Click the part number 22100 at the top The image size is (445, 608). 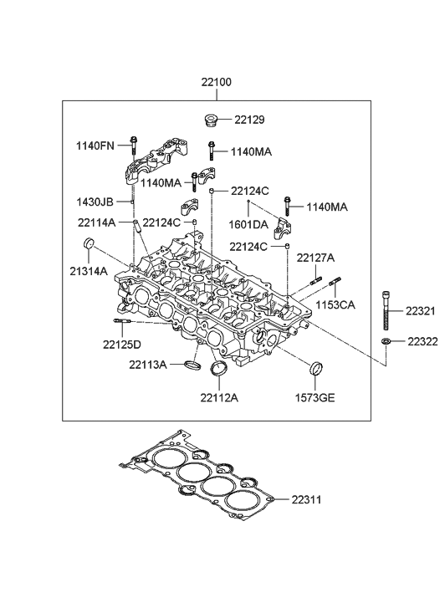coord(216,83)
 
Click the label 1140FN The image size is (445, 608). coord(94,146)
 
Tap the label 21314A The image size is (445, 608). coord(88,271)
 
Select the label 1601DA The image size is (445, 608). coord(249,224)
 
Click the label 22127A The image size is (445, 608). coord(315,258)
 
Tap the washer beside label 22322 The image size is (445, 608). coord(386,343)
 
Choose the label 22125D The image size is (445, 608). coord(122,345)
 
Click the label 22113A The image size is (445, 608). coord(148,364)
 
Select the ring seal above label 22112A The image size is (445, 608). coord(220,372)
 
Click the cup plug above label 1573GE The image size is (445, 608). coord(317,369)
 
